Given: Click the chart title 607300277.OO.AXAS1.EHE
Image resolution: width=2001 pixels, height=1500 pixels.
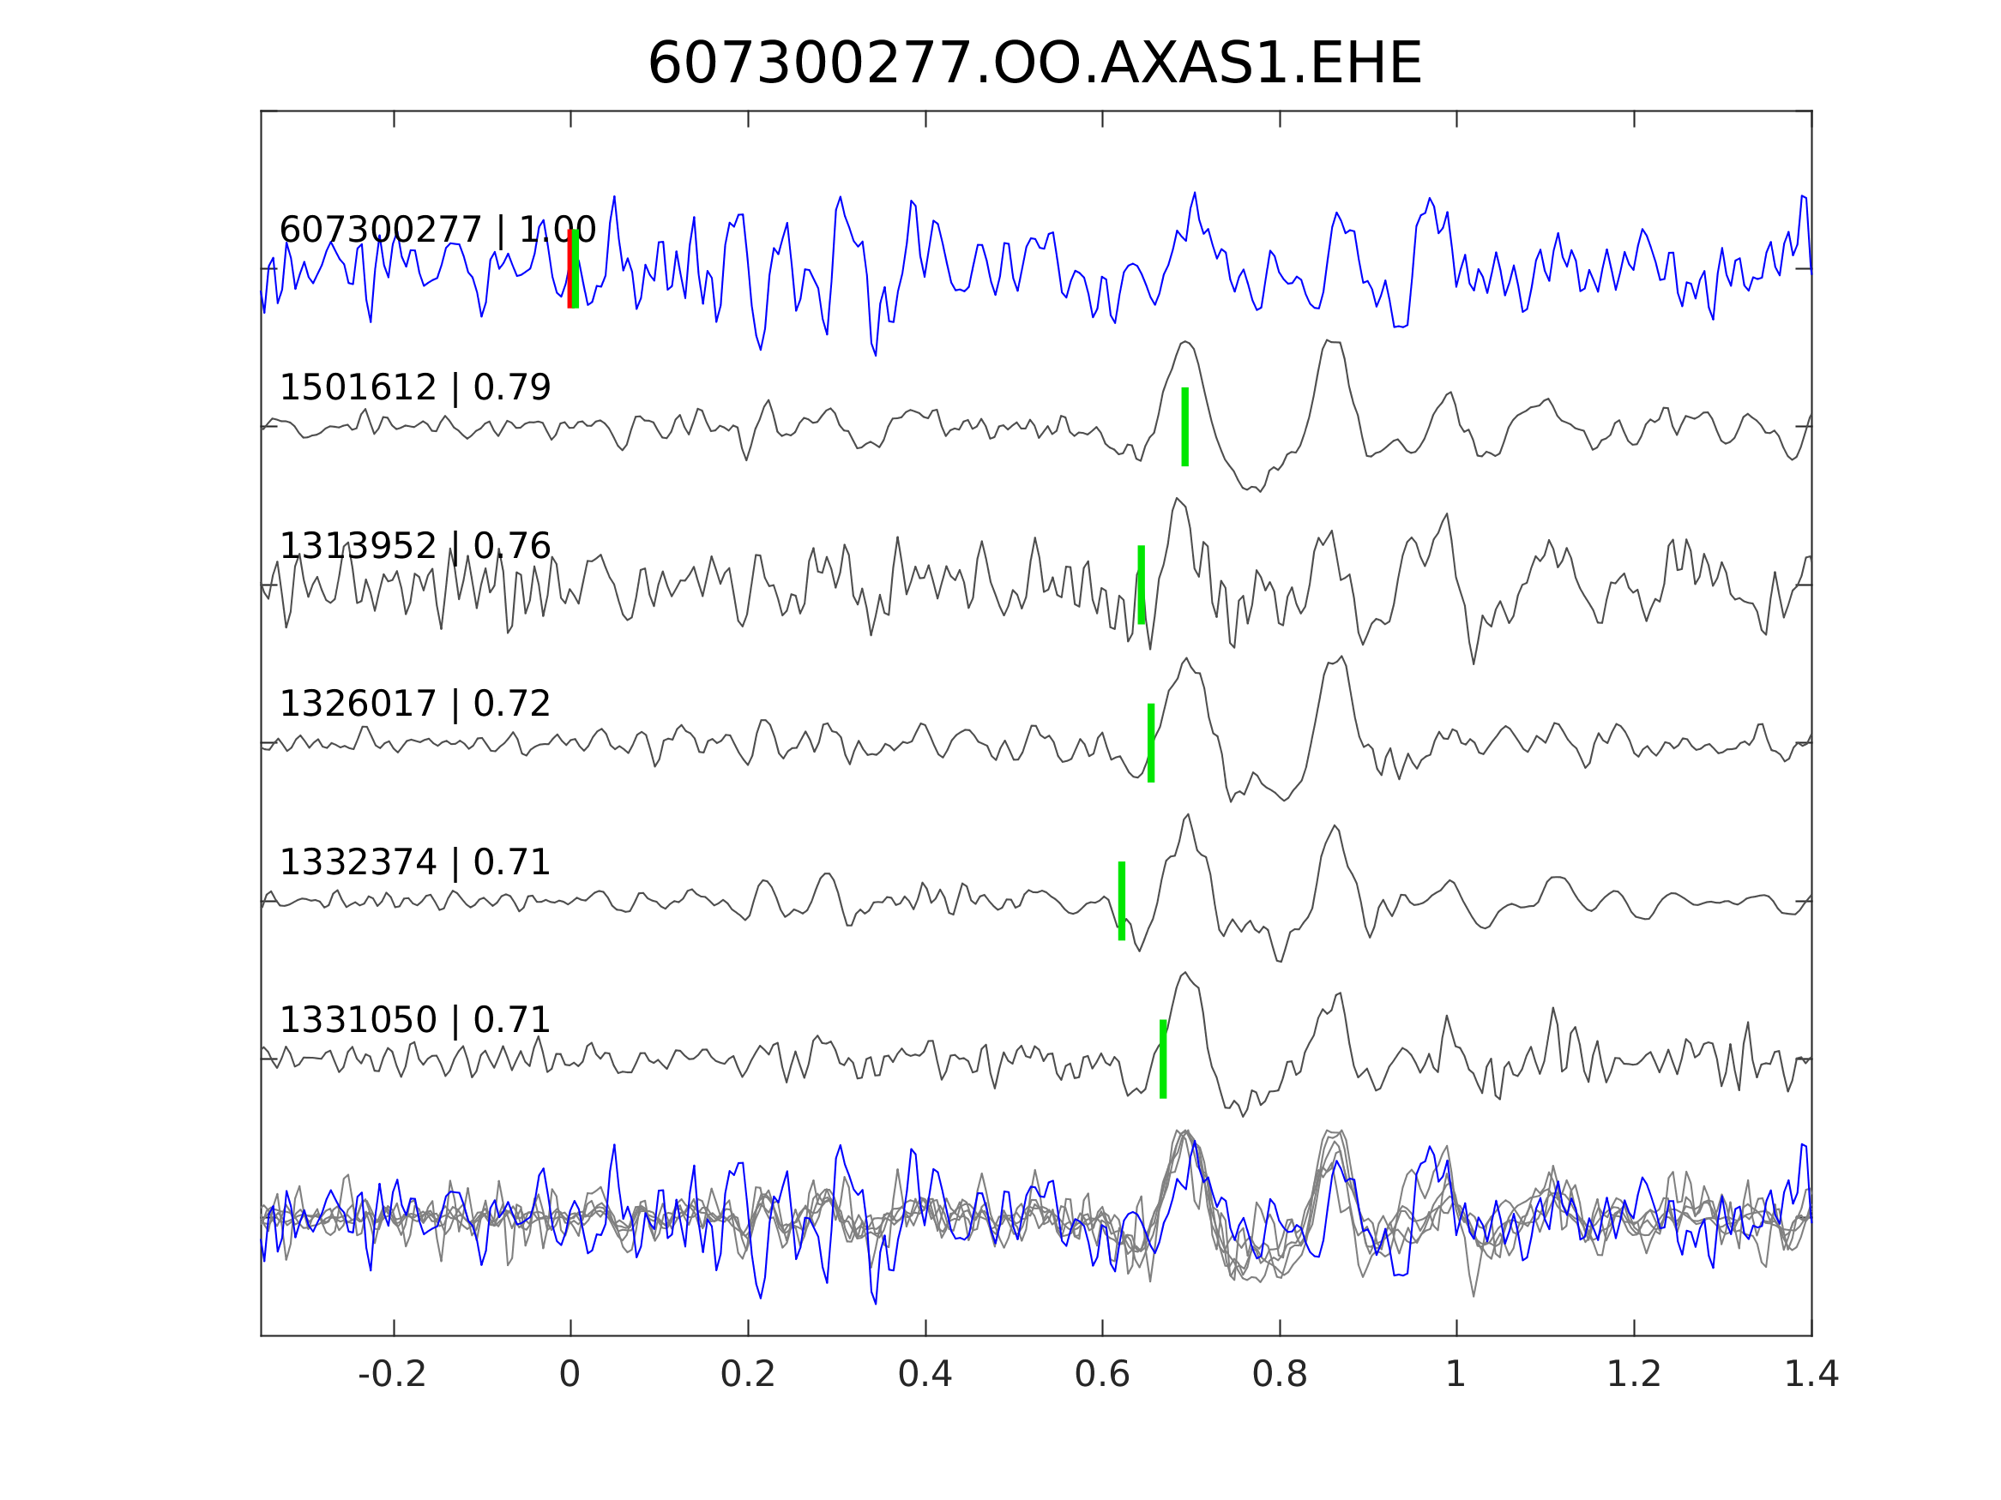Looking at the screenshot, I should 1034,64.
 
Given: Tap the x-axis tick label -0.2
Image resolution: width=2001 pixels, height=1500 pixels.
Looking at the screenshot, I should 392,1375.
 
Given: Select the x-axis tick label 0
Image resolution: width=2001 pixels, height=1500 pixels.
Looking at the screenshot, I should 570,1375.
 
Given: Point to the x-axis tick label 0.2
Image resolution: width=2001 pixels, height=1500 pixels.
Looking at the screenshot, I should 747,1375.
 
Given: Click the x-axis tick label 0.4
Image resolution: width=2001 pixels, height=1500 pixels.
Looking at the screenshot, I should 925,1375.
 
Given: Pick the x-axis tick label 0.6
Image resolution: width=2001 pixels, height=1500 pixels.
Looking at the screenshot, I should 1102,1375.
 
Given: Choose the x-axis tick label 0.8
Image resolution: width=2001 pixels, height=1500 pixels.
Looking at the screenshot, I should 1279,1375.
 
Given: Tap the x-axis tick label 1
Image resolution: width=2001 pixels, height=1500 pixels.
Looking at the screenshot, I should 1456,1375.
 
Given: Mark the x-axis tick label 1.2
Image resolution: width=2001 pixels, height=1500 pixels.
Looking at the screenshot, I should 1634,1375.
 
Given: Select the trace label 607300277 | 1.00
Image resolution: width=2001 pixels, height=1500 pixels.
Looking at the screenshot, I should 437,230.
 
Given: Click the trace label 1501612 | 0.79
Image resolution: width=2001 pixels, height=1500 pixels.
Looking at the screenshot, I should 415,388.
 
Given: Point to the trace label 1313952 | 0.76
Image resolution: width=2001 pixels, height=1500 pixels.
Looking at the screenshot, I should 415,546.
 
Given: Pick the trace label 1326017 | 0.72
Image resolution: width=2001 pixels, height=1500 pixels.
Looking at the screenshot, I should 415,704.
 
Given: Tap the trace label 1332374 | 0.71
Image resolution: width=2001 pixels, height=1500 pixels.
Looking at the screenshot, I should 415,862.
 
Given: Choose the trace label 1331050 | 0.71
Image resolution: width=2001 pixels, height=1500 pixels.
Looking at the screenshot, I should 415,1020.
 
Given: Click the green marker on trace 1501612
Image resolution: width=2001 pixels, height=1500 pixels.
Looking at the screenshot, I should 1185,427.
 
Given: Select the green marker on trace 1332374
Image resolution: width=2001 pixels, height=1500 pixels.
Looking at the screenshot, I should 1122,901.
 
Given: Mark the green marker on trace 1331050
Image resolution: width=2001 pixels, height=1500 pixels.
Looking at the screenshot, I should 1163,1059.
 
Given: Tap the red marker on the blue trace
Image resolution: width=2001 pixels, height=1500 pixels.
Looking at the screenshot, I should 569,268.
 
